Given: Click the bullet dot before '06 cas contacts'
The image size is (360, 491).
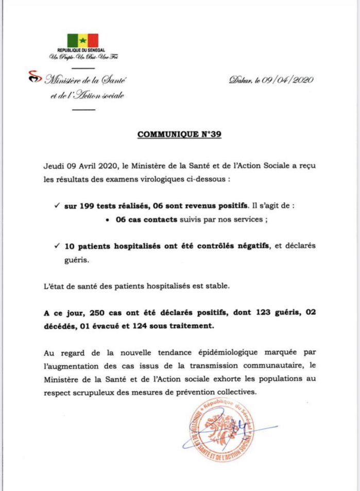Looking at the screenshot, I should tap(106, 219).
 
